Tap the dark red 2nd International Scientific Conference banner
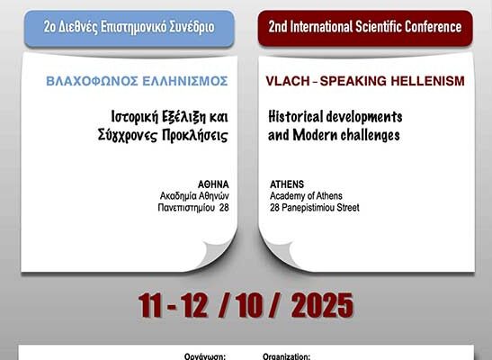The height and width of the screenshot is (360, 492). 365,27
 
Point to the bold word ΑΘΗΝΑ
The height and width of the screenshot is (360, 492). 212,184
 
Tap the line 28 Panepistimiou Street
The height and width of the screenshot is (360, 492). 314,208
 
